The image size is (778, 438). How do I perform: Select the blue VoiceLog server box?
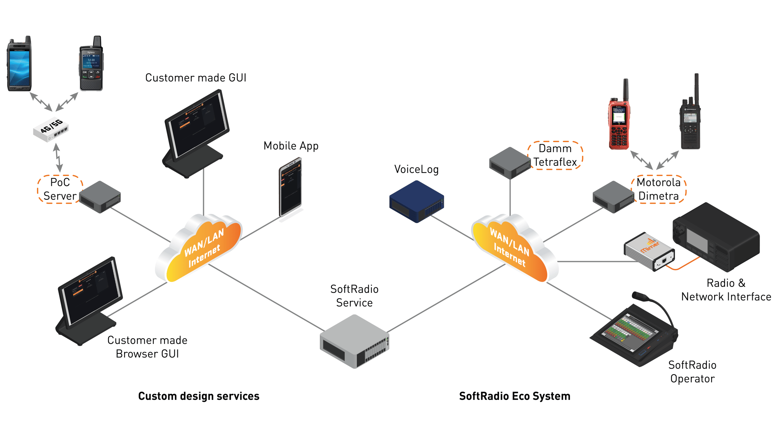coord(416,202)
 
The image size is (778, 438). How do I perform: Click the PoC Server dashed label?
coord(60,189)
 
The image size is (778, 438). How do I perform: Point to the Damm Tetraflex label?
coord(555,155)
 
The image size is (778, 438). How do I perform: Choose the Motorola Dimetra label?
coord(659,189)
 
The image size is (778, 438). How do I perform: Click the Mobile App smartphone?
coord(291,187)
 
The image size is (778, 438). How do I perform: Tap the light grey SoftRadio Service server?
coord(354,341)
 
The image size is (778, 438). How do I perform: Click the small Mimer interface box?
coord(649,252)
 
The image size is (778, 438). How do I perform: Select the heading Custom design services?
coord(198,396)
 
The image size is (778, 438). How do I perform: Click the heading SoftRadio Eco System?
coord(514,396)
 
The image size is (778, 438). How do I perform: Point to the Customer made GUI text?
coord(196,78)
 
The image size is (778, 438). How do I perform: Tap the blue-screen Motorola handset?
coord(19,64)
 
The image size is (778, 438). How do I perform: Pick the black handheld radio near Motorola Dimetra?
coord(690,121)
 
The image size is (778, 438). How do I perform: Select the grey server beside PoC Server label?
coord(100,197)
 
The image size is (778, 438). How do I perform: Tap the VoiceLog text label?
coord(416,169)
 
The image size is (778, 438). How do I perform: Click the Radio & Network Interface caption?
coord(726,290)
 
